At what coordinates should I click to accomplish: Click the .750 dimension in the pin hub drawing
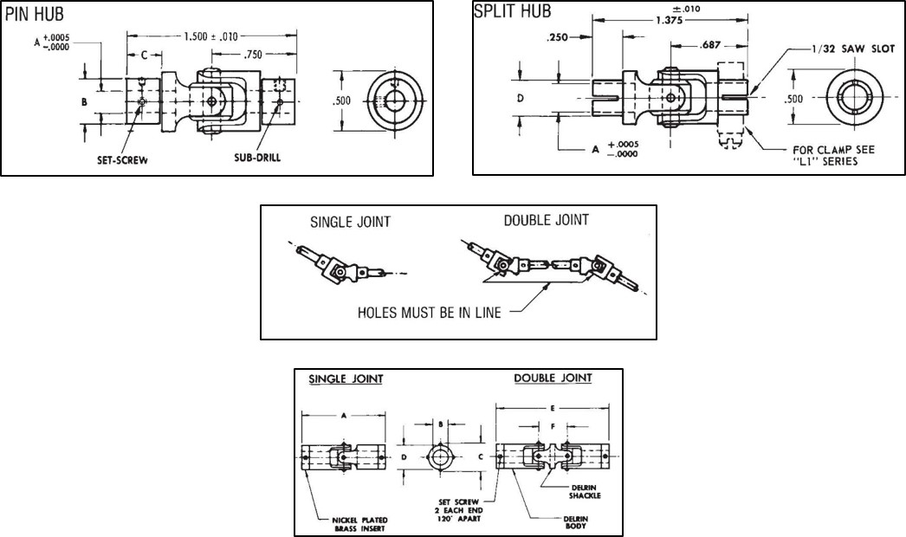point(252,54)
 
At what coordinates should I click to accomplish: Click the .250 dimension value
point(560,38)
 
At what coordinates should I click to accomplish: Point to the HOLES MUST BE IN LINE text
point(428,312)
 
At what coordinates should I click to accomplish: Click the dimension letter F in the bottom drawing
point(553,426)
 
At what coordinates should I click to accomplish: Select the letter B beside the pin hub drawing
point(84,101)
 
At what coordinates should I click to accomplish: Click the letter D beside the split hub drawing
point(520,99)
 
